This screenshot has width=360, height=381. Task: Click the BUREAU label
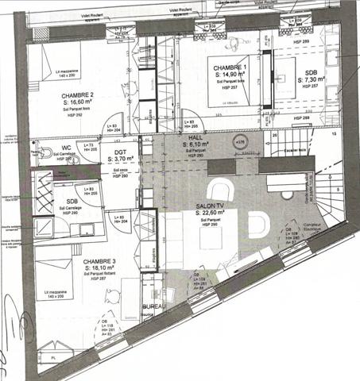(153, 305)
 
